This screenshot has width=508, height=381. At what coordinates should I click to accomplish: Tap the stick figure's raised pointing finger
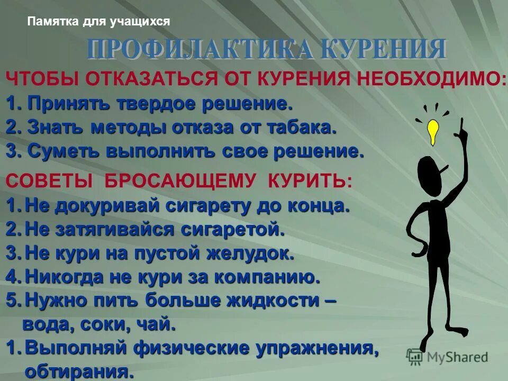[x=461, y=123]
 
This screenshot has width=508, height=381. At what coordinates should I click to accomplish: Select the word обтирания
[x=79, y=371]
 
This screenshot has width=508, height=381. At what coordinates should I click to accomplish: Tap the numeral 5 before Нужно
[x=11, y=300]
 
